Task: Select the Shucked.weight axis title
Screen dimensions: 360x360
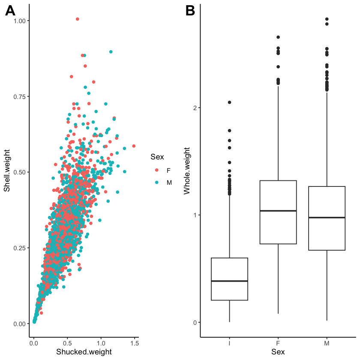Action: coord(84,352)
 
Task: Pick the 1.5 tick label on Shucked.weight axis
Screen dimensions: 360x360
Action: coord(134,343)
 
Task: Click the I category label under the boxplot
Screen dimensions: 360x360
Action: coord(230,343)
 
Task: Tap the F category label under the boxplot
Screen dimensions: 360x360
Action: coord(278,343)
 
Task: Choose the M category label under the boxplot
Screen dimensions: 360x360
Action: coord(327,343)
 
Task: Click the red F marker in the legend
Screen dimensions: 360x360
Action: coord(157,170)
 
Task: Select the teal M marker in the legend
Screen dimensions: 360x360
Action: coord(157,182)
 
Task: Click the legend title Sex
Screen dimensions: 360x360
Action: coord(157,157)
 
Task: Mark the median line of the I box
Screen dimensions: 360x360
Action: coord(230,281)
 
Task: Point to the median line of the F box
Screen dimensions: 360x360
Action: coord(278,211)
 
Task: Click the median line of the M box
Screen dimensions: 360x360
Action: coord(327,218)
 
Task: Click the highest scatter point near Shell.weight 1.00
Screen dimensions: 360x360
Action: coord(78,19)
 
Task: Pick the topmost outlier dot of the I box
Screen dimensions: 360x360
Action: coord(230,102)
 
